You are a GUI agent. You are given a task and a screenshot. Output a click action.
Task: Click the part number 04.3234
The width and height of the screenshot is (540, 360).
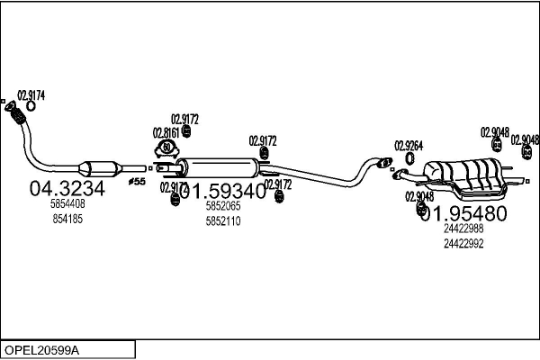coord(67,189)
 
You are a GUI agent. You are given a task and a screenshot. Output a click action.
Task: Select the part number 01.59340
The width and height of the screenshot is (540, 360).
coord(225,191)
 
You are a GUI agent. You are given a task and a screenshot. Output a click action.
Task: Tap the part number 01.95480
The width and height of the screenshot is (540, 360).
coord(463,212)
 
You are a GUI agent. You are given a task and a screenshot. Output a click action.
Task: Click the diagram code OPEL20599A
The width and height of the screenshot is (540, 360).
coord(42,349)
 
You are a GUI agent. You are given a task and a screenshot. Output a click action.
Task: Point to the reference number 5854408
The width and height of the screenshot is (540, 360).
coord(67,205)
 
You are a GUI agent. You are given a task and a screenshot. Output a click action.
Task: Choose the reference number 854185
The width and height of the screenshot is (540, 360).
coord(67,219)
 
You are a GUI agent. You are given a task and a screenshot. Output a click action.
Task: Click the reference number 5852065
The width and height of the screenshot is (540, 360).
coord(223,206)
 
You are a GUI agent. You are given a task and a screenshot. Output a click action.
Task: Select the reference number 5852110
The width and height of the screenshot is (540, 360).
coord(223,220)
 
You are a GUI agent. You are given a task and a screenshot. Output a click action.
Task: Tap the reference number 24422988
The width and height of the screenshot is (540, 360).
coord(463,229)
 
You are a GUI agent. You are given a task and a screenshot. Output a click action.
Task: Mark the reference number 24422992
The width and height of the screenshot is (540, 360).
coord(463,243)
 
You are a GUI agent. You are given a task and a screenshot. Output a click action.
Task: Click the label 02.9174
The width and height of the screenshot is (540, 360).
coord(31,94)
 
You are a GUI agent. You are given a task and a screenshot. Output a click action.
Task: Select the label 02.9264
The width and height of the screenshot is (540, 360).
coord(409,144)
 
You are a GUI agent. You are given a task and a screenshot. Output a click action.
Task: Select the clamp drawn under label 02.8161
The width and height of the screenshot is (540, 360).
coord(166,147)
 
